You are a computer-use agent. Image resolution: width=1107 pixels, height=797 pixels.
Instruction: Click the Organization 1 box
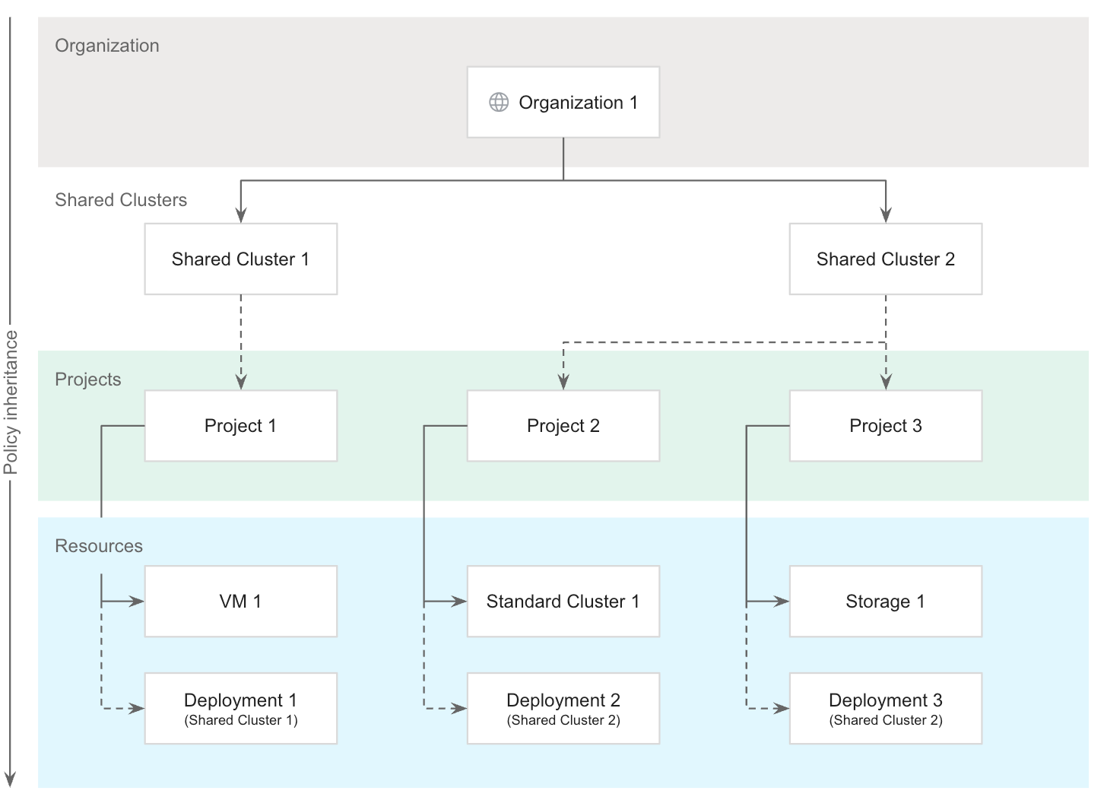563,103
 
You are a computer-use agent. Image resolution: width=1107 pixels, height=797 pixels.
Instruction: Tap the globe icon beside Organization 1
499,103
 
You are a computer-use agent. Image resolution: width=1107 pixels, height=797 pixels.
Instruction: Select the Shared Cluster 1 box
240,259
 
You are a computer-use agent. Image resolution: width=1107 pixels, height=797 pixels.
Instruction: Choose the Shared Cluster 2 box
885,259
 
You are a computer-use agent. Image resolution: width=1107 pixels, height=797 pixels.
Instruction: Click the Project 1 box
240,426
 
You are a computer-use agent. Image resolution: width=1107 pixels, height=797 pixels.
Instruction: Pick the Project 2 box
563,426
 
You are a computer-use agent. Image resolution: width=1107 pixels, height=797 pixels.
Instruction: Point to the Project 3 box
885,426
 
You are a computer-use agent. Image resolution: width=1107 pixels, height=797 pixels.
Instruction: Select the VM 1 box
240,602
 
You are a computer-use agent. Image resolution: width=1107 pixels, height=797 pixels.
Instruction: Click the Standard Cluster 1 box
563,602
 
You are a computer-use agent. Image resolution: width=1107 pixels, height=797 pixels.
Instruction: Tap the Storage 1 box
885,602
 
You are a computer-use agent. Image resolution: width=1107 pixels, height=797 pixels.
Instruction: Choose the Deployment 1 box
240,708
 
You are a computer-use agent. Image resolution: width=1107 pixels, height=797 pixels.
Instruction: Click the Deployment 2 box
563,708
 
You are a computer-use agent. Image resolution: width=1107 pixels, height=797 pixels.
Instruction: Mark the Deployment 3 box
885,708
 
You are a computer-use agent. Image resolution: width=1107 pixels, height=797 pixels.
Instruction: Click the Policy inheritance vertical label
11,402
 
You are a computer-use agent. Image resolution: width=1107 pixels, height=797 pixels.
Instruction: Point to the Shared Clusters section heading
121,200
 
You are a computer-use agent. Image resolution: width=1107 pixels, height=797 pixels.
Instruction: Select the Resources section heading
99,546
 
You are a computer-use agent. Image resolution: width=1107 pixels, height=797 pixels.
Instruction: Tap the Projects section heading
88,379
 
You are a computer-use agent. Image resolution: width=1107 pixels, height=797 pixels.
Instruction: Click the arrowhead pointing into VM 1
137,602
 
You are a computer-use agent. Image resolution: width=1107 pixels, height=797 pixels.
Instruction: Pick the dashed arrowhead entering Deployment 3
782,709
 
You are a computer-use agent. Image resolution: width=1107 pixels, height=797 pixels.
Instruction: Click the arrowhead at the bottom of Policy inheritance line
11,778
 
